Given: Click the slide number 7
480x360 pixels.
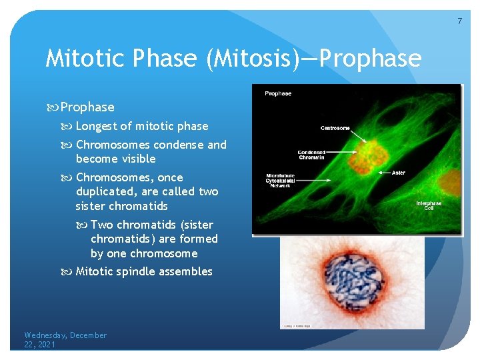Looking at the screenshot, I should click(x=459, y=21).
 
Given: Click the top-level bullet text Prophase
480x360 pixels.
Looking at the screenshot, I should click(x=87, y=107).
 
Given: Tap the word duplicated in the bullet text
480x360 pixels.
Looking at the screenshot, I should click(x=105, y=191).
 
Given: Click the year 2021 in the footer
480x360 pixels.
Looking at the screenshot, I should click(x=46, y=345).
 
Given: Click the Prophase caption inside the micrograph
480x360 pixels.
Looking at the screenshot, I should click(x=278, y=93).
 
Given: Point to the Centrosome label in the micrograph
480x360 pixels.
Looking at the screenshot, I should click(x=335, y=128).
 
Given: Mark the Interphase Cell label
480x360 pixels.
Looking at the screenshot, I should click(x=429, y=205).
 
